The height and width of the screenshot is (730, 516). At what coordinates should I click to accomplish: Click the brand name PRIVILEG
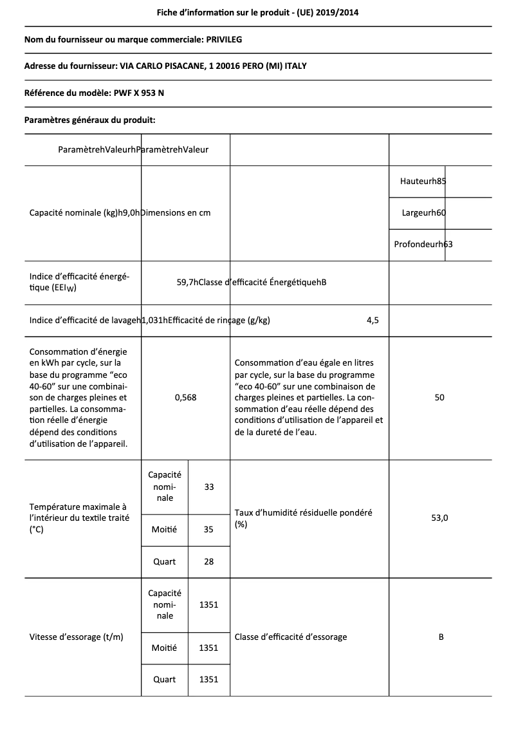[x=224, y=40]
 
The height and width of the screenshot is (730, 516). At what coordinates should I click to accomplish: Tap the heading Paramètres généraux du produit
[x=90, y=120]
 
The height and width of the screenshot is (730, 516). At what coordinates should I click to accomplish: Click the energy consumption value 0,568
[x=185, y=398]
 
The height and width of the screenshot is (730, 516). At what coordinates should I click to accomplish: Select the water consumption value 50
[x=439, y=398]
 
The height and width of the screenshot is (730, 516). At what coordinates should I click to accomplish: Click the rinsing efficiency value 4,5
[x=373, y=321]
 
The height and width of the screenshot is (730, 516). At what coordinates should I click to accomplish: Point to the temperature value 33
[x=208, y=487]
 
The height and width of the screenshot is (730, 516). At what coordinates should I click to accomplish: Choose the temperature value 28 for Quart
[x=208, y=561]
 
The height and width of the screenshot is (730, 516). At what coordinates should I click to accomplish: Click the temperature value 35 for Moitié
[x=208, y=530]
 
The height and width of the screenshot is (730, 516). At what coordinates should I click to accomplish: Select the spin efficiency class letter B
[x=441, y=637]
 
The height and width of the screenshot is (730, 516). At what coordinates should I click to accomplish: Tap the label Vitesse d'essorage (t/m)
[x=77, y=637]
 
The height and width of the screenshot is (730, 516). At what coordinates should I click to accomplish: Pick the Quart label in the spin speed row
[x=164, y=679]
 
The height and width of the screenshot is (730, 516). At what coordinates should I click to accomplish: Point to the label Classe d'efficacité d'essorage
[x=291, y=637]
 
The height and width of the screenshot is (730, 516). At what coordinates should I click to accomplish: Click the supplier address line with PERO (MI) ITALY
[x=170, y=66]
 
